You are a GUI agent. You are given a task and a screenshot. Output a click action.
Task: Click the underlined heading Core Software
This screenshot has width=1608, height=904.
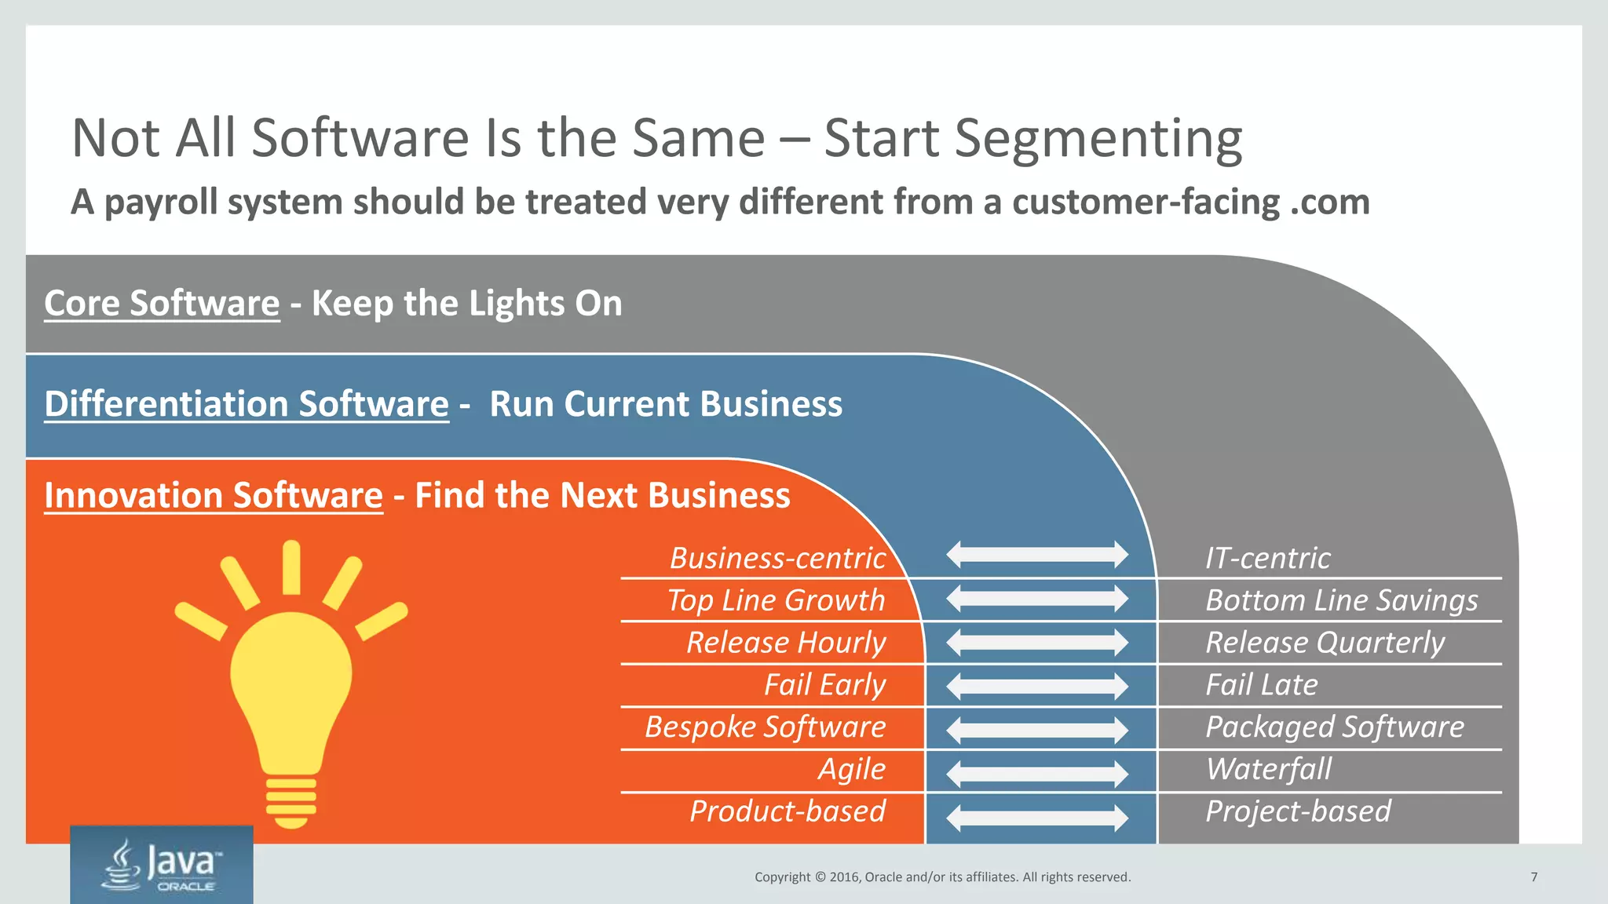(x=162, y=304)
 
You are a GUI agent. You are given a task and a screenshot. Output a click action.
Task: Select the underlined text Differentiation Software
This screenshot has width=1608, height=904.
(x=247, y=404)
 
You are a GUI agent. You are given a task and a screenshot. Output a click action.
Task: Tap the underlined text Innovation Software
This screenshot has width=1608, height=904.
(x=214, y=496)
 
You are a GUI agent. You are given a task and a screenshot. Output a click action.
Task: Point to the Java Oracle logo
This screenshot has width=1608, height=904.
(x=162, y=866)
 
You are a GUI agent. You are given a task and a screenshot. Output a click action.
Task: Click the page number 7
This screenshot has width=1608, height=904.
(x=1533, y=877)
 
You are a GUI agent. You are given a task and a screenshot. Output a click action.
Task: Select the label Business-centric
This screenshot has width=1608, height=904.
(x=777, y=558)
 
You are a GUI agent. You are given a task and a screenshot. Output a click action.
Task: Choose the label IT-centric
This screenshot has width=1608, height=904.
(x=1267, y=558)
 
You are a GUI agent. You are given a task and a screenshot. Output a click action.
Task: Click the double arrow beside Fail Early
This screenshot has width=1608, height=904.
(x=1037, y=687)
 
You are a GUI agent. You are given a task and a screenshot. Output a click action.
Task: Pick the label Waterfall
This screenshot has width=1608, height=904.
(x=1269, y=769)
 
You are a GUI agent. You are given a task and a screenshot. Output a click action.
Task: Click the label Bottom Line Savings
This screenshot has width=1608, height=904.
(x=1341, y=600)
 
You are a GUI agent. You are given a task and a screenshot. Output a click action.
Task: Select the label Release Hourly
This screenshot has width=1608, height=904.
(x=786, y=643)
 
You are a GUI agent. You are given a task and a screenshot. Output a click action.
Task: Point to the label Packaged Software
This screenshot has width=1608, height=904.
(x=1334, y=727)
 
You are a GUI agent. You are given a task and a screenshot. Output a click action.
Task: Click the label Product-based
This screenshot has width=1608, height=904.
(x=788, y=811)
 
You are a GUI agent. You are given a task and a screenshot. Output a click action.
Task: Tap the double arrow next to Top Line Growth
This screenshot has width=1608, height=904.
(x=1037, y=599)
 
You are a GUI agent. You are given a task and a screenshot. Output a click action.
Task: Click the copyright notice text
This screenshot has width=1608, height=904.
(x=942, y=877)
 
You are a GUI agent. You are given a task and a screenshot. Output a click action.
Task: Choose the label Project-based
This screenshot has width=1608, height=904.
(x=1298, y=811)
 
